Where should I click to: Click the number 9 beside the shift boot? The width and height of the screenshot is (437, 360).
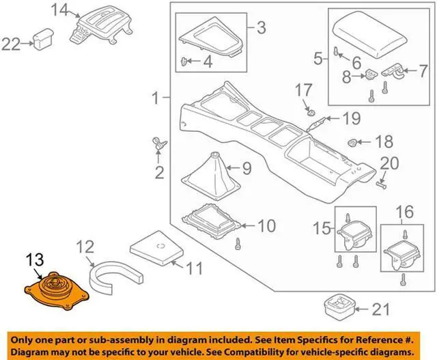247,166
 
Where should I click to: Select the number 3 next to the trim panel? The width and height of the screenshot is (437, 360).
260,28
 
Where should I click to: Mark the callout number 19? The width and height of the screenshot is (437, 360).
350,119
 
